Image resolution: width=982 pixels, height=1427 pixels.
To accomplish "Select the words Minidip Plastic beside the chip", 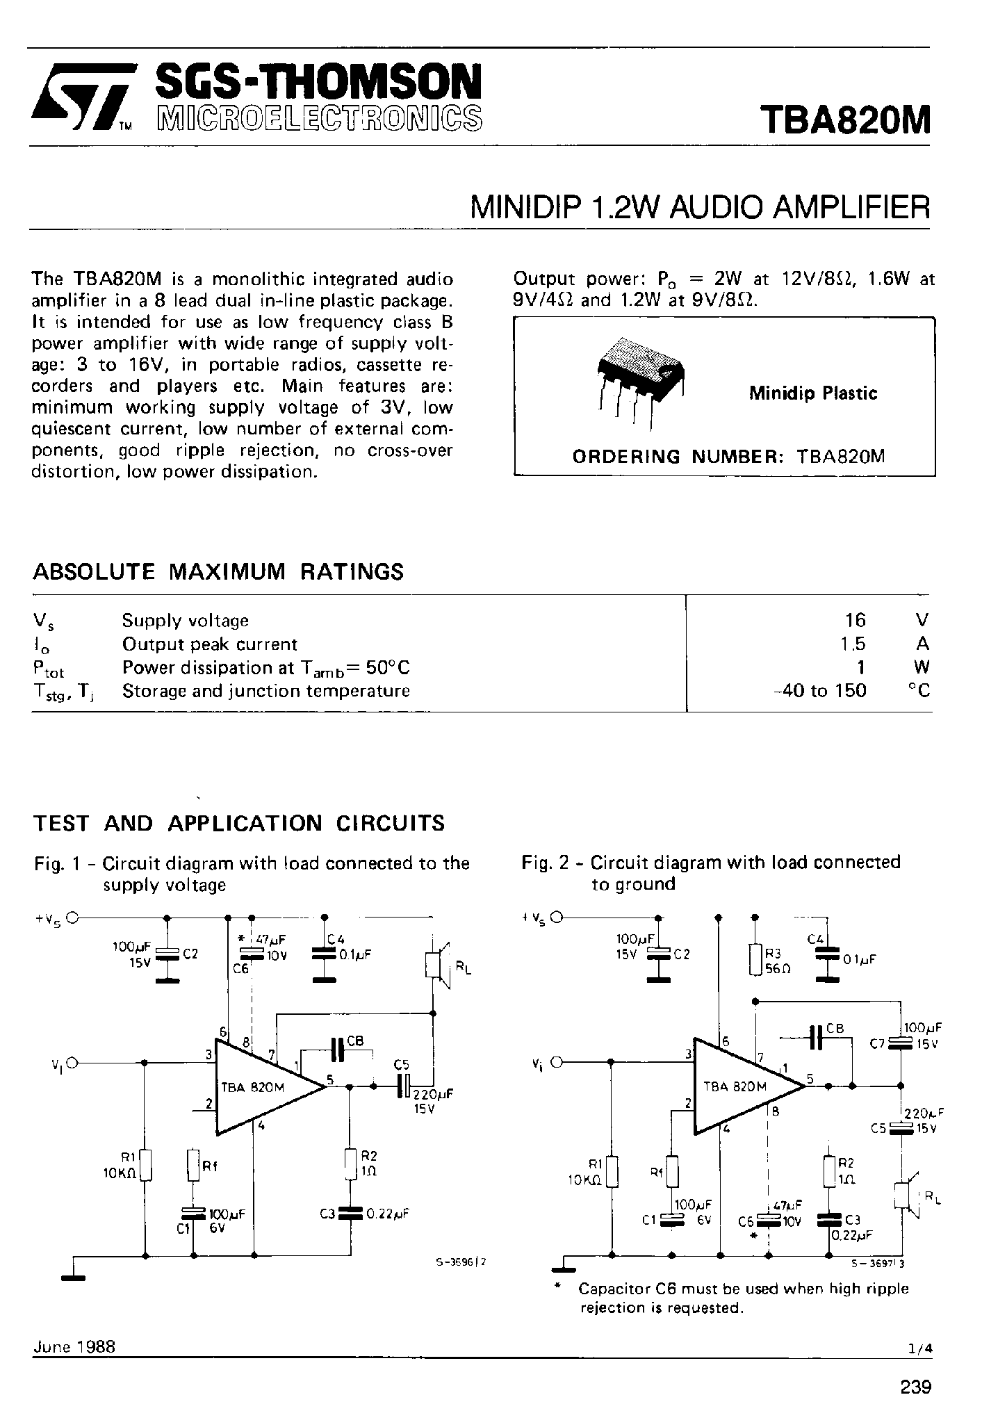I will (x=812, y=393).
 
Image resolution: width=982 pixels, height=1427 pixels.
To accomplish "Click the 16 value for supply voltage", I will (x=855, y=619).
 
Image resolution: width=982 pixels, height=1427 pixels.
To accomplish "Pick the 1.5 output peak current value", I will (x=853, y=644).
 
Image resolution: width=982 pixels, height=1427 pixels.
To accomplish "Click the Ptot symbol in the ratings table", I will (x=48, y=668).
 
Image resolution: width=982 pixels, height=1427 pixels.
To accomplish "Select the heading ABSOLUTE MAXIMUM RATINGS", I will (x=218, y=571).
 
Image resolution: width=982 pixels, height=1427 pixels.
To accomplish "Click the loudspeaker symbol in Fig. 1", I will (x=436, y=965).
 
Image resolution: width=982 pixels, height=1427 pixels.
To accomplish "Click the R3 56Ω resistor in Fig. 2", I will (x=756, y=960).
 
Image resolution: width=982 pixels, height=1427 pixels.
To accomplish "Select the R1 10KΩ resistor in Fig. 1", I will (x=145, y=1166).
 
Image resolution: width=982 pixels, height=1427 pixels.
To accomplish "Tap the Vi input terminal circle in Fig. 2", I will (x=556, y=1063).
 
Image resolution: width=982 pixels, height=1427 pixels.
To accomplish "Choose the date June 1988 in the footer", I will (x=74, y=1346).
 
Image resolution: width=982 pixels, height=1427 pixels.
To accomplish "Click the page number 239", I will (x=915, y=1387).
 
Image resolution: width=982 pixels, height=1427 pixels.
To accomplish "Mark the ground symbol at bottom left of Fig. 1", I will (x=73, y=1276).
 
